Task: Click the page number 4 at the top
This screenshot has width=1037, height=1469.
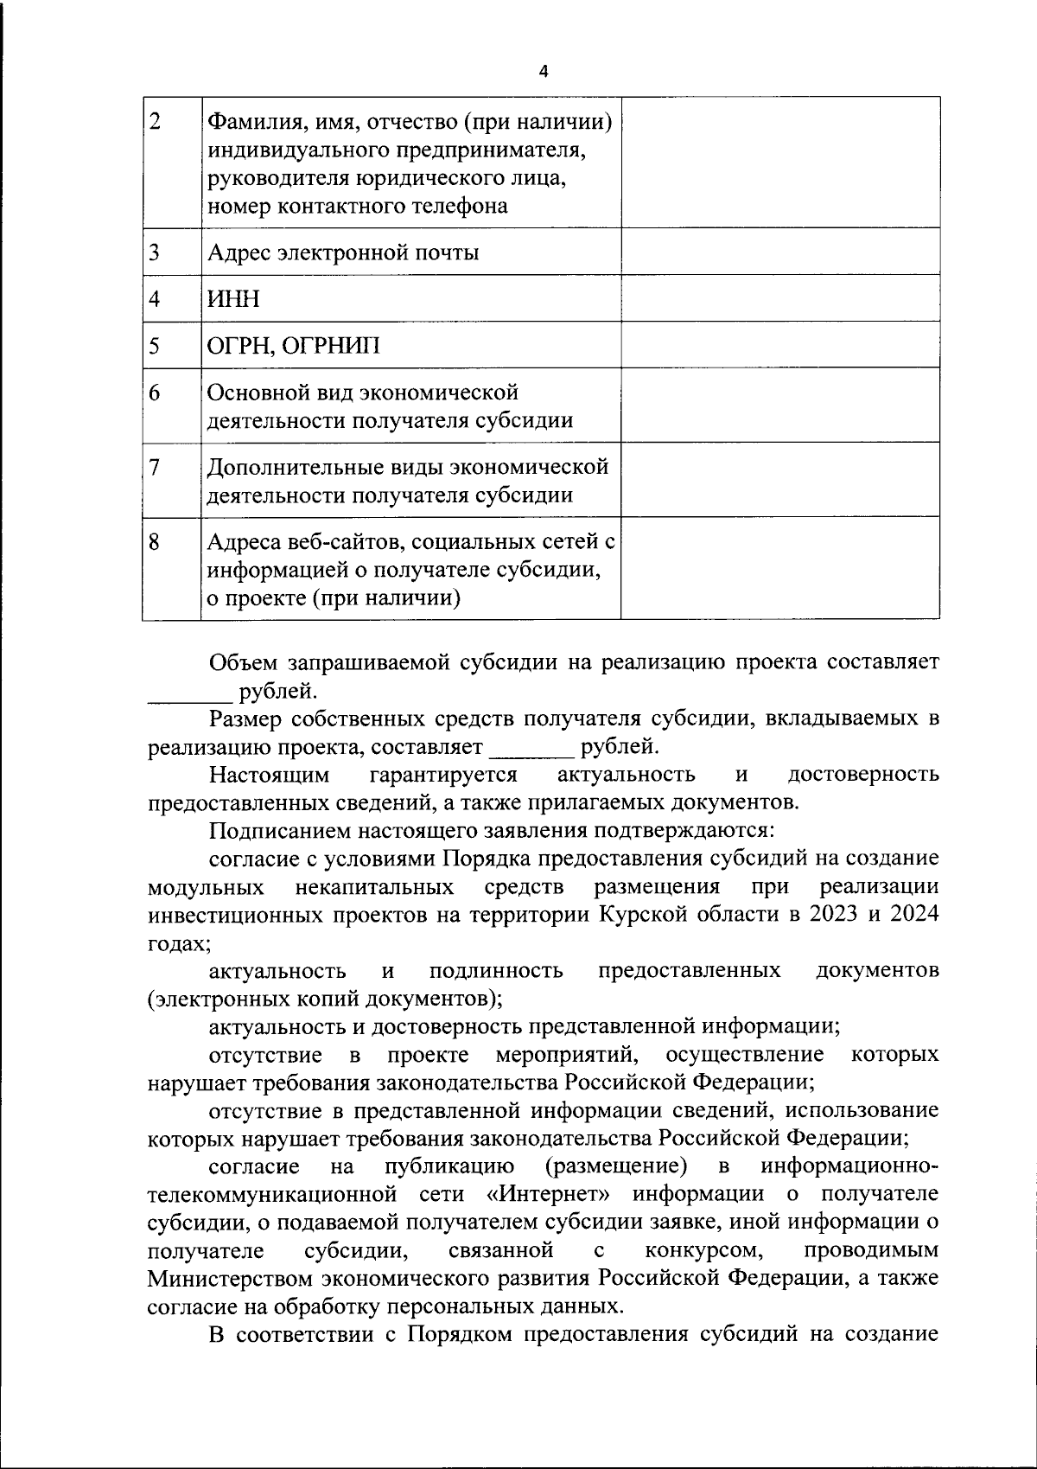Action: click(543, 72)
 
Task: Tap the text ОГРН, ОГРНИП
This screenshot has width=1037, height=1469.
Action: click(293, 346)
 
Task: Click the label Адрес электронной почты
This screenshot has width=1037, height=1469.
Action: click(343, 252)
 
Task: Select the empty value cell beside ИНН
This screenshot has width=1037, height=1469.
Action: click(779, 298)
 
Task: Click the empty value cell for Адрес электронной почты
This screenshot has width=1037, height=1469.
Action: click(779, 252)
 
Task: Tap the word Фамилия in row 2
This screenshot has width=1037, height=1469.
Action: click(254, 122)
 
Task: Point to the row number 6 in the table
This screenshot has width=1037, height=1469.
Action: click(155, 393)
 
